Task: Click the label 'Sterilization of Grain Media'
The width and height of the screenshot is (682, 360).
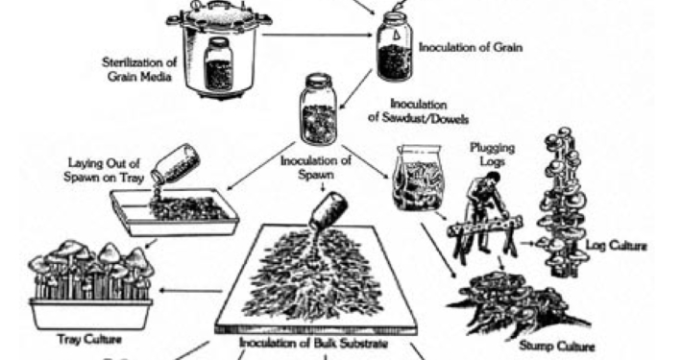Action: (139, 69)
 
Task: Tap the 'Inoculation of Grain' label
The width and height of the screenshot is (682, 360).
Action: (471, 47)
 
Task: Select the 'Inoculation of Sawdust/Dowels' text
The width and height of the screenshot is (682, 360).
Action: (419, 110)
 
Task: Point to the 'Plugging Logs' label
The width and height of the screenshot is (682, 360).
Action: (493, 155)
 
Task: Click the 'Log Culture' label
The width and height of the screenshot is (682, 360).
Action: (616, 246)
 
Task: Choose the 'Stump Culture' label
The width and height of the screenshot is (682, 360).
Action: (557, 347)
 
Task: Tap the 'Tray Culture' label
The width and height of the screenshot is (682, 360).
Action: (89, 339)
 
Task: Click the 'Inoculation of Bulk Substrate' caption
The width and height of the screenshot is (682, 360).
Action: (313, 343)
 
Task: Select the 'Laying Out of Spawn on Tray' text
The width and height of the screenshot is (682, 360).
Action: (104, 170)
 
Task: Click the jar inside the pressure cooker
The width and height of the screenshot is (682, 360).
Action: (218, 63)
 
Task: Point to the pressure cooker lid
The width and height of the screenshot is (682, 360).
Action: (219, 13)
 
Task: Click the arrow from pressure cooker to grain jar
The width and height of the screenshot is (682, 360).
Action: (319, 35)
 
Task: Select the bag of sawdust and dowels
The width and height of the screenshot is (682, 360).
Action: (419, 178)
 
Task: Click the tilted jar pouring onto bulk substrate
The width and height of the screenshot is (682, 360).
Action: (329, 210)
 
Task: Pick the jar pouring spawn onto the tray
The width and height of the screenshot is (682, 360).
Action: (175, 163)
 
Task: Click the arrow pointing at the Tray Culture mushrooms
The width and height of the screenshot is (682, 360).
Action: (191, 291)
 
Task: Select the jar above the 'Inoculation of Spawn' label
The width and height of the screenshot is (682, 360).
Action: (318, 109)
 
